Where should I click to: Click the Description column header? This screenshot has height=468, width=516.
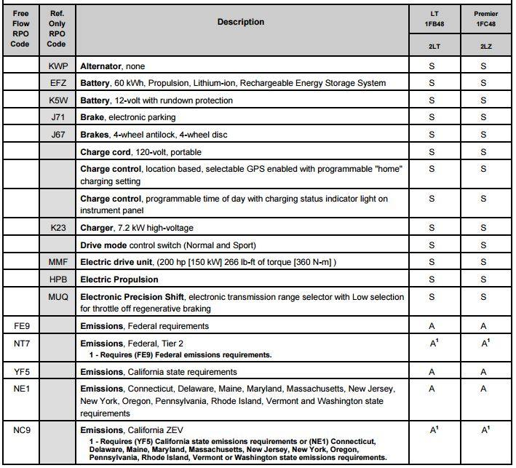click(x=241, y=22)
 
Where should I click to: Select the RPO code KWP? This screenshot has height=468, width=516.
click(x=57, y=66)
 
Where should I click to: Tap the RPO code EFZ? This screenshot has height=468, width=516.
click(x=57, y=83)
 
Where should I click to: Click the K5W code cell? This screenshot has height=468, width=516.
click(x=57, y=100)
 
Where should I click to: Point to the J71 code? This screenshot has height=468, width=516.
click(x=57, y=117)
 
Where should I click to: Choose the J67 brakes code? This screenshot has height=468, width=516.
click(x=57, y=135)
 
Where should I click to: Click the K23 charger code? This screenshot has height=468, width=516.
click(x=57, y=228)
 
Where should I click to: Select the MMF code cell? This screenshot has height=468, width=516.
click(x=57, y=262)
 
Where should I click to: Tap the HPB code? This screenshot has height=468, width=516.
click(x=57, y=279)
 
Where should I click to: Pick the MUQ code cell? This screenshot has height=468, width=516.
click(x=57, y=297)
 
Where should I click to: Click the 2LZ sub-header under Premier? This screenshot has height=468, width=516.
click(x=483, y=47)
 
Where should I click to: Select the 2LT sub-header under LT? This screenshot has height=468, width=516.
click(x=432, y=47)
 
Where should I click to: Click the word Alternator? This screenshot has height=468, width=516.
click(x=102, y=66)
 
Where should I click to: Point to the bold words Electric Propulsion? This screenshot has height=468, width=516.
click(x=119, y=279)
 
